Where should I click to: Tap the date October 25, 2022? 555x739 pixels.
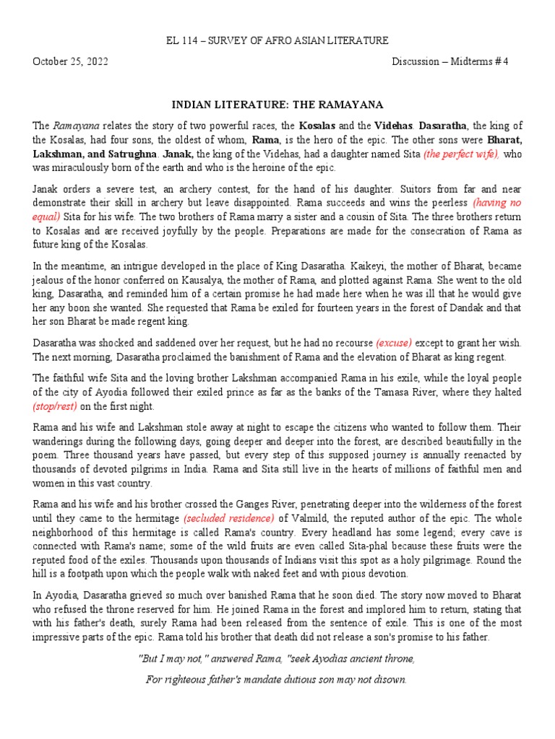[70, 61]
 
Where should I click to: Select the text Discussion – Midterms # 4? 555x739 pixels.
[450, 61]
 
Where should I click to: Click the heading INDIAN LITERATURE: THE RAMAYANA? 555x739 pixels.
[277, 105]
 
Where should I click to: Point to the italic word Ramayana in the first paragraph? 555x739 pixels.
[77, 126]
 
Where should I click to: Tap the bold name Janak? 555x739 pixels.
[178, 154]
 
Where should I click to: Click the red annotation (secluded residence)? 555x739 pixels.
[229, 517]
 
